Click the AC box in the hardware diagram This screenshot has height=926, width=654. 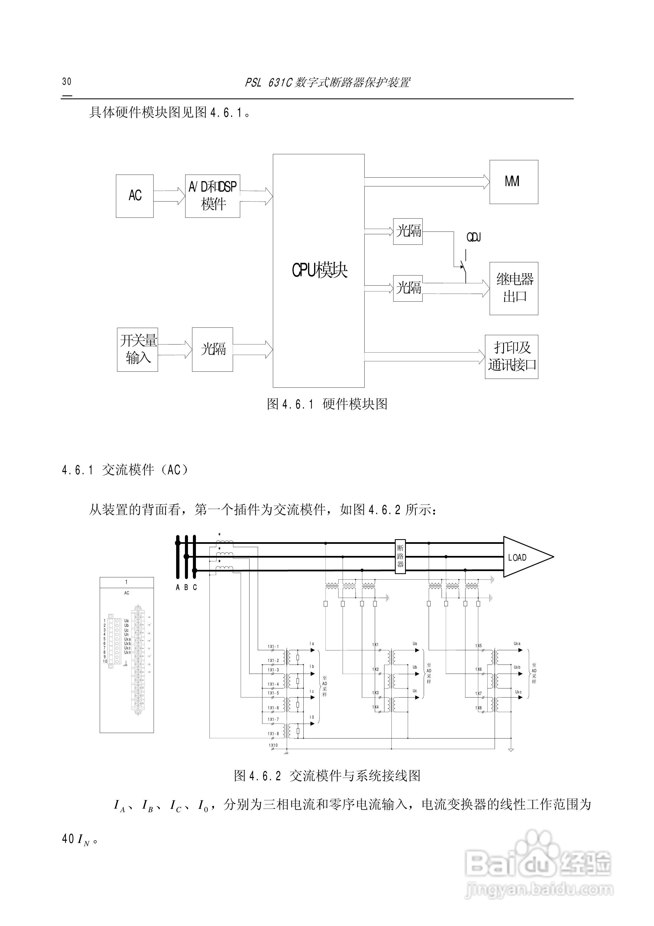pos(135,196)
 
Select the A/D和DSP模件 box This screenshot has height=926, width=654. pos(212,196)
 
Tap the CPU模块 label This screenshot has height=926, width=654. pos(319,270)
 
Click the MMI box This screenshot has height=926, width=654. pos(513,182)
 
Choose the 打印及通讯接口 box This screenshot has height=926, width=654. pos(511,357)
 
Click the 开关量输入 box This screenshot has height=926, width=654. pos(137,349)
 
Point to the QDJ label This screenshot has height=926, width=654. pos(474,238)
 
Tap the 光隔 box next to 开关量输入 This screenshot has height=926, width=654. pos(212,349)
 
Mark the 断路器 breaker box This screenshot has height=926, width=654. pos(400,556)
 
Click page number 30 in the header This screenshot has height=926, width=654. pos(66,81)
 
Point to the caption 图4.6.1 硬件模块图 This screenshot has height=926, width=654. pos(327,404)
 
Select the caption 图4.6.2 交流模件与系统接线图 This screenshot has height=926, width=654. pos(327,775)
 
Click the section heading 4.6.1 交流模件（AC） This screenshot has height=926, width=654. pos(125,470)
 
